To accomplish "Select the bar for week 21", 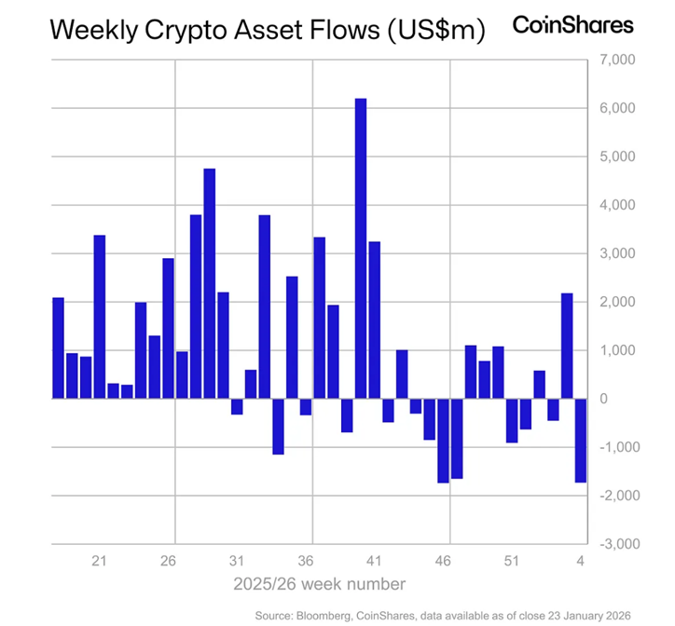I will (100, 317).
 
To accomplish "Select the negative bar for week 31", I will (237, 406).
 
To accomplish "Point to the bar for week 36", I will (319, 318).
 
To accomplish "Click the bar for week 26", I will (169, 328).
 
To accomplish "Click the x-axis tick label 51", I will (512, 561).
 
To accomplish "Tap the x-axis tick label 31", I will (237, 561).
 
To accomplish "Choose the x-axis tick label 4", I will (580, 561).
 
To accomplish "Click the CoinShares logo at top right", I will (573, 25).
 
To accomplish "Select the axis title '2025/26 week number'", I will (319, 584).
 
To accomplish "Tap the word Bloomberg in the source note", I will (333, 615).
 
